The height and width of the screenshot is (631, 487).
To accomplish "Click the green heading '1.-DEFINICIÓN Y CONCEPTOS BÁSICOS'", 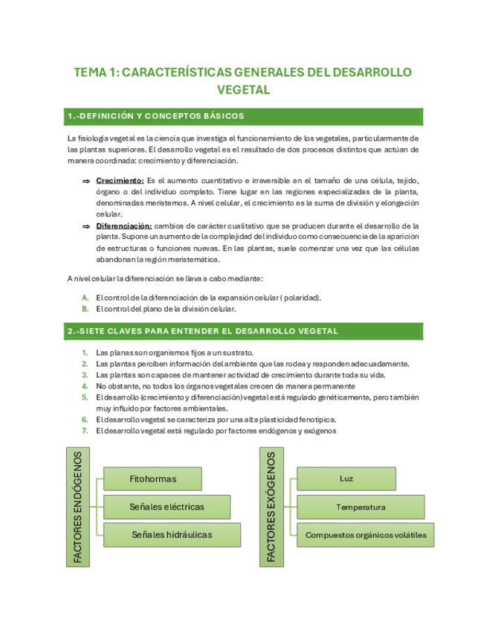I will [x=155, y=116].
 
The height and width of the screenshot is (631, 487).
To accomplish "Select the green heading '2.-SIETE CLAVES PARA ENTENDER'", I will [x=202, y=330].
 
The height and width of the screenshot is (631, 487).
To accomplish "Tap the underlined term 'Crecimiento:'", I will [x=120, y=180].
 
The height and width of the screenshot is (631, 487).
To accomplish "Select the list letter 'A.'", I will [x=86, y=298].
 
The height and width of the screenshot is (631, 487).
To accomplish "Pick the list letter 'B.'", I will [x=86, y=309].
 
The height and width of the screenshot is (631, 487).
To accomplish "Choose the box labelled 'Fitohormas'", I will [x=152, y=479].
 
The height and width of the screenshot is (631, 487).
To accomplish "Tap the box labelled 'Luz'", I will [x=346, y=479].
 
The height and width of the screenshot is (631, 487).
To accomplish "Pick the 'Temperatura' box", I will [x=360, y=507].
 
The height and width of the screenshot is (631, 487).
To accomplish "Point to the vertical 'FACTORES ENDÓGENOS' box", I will [x=78, y=506].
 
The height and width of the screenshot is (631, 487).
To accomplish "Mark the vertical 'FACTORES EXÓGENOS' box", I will [x=271, y=506].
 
